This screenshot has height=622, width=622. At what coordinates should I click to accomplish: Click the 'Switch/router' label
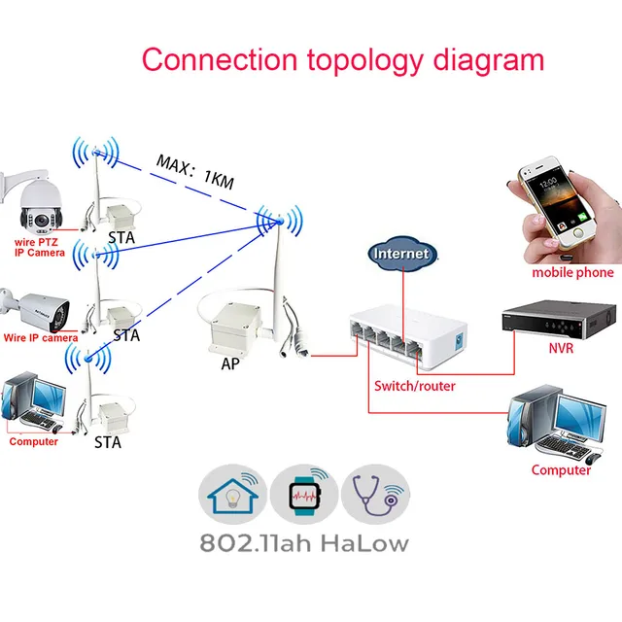point(415,386)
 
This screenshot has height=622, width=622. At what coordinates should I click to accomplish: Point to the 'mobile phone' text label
point(572,273)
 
